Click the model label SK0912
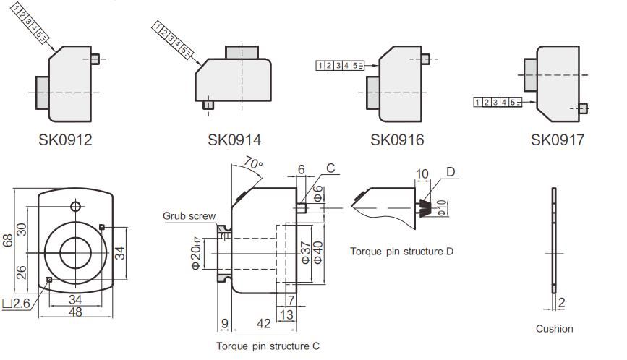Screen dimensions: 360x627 pos(65,139)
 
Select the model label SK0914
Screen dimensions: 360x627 pos(234,139)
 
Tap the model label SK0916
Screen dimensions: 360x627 pos(397,139)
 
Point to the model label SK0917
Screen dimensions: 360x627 pos(557,139)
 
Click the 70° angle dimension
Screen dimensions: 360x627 pos(252,165)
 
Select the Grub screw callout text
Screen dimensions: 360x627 pos(189,215)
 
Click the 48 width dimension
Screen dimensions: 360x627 pos(74,312)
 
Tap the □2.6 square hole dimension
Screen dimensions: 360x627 pos(16,304)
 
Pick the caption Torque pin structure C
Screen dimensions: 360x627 pos(268,346)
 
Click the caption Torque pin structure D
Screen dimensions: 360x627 pos(401,252)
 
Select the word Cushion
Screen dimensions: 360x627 pos(554,329)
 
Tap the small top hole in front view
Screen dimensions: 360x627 pos(74,206)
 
